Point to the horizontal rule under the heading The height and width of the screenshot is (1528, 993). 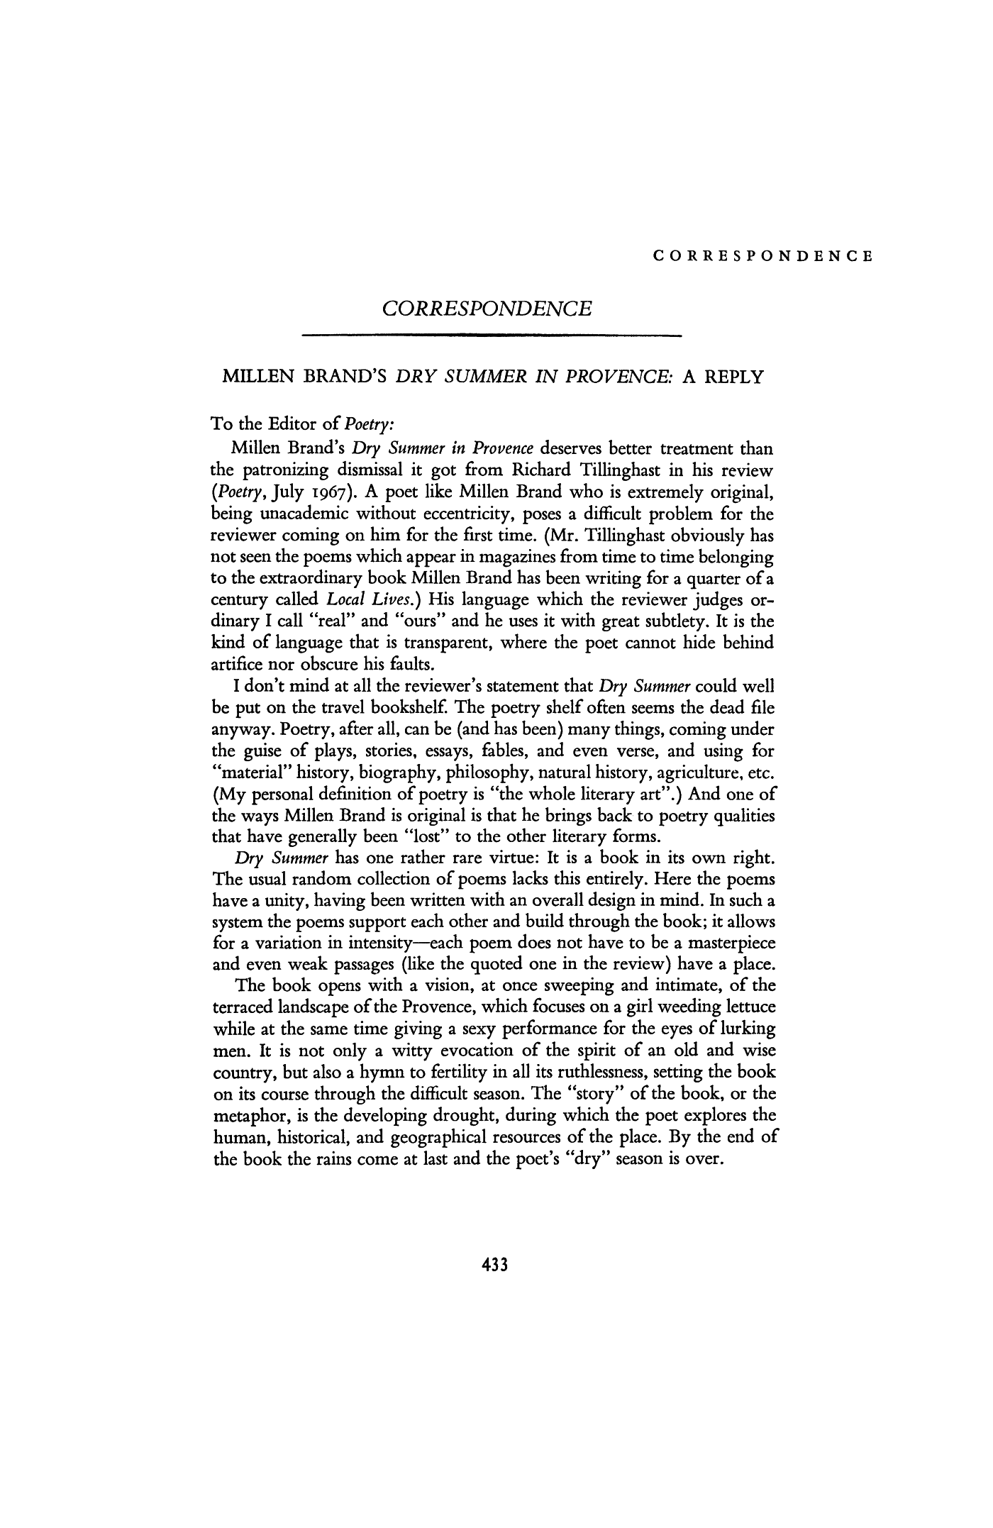click(491, 334)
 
